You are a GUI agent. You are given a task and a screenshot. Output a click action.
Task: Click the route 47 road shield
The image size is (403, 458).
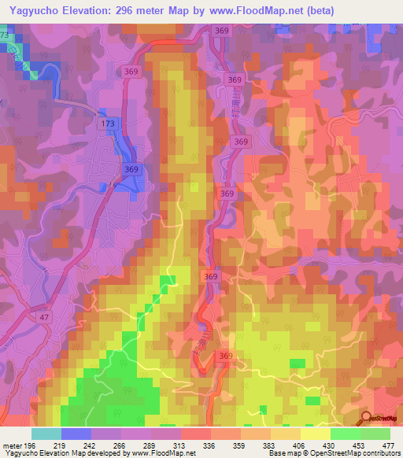click(43, 316)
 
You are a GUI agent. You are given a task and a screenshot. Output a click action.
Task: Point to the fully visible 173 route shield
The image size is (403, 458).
click(107, 124)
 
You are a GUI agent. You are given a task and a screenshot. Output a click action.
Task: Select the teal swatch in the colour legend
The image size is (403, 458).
click(46, 434)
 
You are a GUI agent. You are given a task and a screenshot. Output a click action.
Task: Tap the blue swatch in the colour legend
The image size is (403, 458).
click(76, 434)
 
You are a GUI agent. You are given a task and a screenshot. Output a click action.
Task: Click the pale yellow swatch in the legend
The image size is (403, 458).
click(316, 434)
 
